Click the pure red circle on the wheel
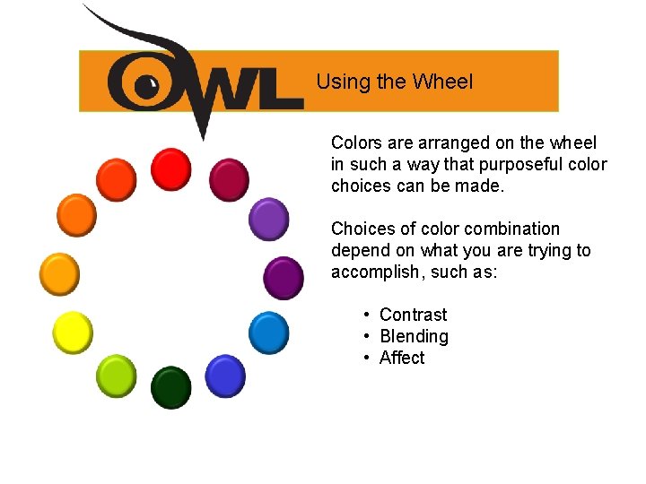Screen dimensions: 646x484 click(x=170, y=169)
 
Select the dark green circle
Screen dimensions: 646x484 click(x=170, y=387)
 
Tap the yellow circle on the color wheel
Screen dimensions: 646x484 click(x=73, y=333)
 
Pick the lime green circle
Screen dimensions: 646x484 click(x=116, y=375)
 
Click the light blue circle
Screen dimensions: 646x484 click(x=267, y=333)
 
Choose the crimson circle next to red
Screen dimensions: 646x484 click(x=229, y=179)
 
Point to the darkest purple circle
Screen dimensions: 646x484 click(x=283, y=277)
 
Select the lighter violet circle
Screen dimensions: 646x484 click(x=267, y=219)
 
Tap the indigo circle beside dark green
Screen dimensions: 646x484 click(x=224, y=376)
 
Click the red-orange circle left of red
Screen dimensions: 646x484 click(x=116, y=180)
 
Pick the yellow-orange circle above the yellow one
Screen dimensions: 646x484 click(x=59, y=273)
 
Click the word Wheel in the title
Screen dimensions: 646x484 click(x=442, y=82)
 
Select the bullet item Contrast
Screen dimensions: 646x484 click(x=413, y=315)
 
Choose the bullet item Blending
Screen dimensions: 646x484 click(x=414, y=336)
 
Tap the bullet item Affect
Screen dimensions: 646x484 click(x=402, y=358)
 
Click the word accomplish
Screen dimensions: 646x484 click(x=371, y=272)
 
